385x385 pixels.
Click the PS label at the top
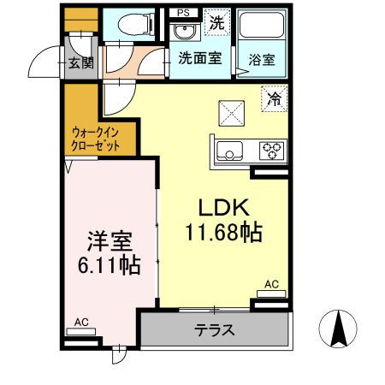point(183,12)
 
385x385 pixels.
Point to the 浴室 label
point(262,61)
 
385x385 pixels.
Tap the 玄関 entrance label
point(80,62)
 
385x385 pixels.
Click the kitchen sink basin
point(229,152)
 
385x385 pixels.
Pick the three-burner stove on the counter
point(273,151)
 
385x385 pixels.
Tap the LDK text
point(224,208)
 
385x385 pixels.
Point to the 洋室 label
point(106,240)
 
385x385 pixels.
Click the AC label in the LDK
point(271,284)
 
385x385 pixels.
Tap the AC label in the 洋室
point(81,323)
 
